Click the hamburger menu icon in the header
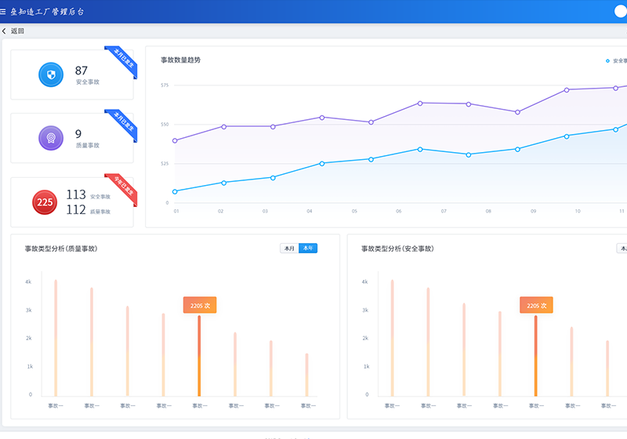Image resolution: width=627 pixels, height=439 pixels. (4, 12)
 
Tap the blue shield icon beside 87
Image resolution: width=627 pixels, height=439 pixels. (50, 75)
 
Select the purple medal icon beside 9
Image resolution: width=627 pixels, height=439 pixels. (50, 138)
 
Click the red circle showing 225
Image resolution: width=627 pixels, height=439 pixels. (45, 202)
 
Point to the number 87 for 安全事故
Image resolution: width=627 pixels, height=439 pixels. (82, 71)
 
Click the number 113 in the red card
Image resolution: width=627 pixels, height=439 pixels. (76, 194)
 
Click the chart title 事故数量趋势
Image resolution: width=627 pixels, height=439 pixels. (180, 60)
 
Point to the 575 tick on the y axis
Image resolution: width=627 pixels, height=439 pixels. (165, 85)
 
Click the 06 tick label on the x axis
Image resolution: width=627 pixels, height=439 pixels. (398, 211)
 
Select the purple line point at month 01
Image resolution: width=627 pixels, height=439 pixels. (175, 141)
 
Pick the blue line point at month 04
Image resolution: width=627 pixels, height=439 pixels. (322, 163)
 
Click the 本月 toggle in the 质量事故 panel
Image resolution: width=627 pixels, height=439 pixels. (289, 249)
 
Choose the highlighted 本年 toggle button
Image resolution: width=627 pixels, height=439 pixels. (308, 249)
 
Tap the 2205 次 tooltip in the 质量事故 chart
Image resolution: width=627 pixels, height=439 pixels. (199, 305)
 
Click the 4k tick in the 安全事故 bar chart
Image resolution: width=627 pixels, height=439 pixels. (364, 281)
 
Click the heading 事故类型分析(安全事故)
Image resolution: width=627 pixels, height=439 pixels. (397, 249)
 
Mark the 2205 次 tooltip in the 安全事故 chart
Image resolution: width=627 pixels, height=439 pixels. (536, 305)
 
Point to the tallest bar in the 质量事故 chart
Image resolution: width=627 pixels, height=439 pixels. (56, 337)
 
